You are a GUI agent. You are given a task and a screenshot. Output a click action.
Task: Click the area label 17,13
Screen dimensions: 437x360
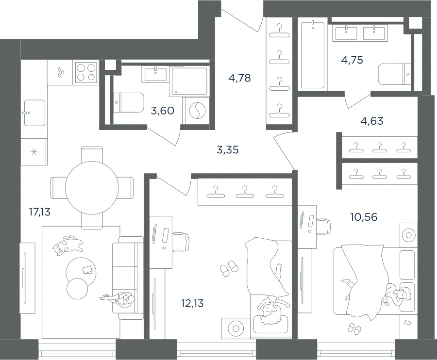tap(40, 212)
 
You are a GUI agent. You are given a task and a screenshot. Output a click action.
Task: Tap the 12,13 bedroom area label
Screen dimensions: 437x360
tap(192, 303)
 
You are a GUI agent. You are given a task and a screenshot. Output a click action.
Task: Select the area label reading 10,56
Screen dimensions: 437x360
tap(364, 216)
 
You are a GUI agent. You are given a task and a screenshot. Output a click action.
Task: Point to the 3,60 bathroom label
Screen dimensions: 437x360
tap(163, 111)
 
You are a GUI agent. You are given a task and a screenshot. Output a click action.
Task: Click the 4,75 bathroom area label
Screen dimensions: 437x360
tap(352, 60)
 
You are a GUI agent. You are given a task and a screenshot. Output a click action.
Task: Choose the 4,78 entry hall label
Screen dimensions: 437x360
tap(240, 78)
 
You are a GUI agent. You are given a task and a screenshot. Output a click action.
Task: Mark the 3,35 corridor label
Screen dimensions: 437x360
tap(228, 150)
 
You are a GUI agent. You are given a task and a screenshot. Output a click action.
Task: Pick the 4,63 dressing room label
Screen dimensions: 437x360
tap(372, 121)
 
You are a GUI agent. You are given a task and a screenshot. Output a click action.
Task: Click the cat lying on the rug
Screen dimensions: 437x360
tap(67, 245)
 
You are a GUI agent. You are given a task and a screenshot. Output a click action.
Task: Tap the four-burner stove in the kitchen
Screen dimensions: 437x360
tap(86, 72)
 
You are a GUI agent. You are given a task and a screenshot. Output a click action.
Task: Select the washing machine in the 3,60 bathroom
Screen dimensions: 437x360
tap(197, 111)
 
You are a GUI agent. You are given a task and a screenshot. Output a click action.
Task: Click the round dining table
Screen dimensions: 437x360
tap(92, 188)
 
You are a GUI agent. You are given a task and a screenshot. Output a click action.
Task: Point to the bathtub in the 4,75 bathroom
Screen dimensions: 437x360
tap(313, 54)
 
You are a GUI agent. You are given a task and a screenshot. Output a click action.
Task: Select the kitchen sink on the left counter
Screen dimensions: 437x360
tap(34, 113)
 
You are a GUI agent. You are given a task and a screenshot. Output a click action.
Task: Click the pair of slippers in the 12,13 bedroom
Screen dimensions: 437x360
tap(229, 268)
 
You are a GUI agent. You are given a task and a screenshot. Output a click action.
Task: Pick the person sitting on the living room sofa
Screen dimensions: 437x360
tap(118, 299)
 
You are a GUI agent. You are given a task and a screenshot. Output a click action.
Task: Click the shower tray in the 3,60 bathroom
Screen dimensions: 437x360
tap(189, 81)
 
